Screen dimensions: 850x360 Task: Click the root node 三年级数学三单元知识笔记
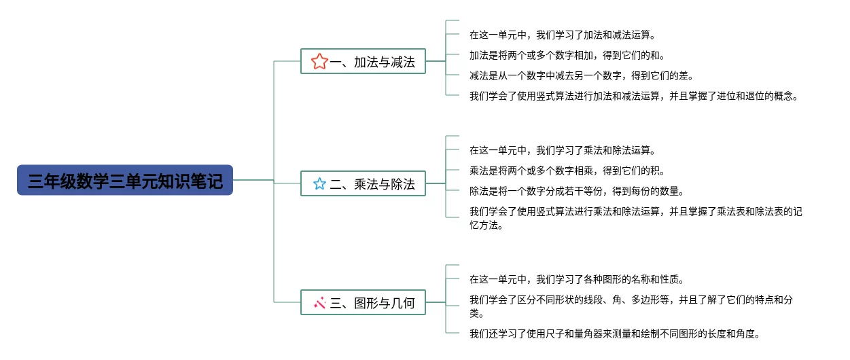[125, 180]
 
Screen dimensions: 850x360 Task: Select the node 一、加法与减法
[363, 61]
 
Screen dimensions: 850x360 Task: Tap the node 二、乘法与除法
[363, 183]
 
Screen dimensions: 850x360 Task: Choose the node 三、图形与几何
[363, 302]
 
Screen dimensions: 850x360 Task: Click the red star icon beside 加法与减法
[319, 61]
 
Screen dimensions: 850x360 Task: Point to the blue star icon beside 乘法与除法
[319, 183]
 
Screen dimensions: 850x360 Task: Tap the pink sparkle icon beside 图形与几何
[320, 303]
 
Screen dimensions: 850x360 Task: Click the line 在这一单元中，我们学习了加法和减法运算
[563, 35]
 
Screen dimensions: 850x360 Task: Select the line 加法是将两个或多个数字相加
[567, 56]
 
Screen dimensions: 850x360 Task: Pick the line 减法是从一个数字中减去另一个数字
[582, 76]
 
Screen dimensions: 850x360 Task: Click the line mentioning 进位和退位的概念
[634, 96]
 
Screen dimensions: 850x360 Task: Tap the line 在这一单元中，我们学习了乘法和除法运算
[563, 151]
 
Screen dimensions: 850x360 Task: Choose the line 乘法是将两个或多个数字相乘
[567, 170]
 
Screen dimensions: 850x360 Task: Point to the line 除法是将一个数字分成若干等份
[577, 191]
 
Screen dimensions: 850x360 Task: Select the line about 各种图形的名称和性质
[577, 280]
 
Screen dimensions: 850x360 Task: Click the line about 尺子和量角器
[615, 334]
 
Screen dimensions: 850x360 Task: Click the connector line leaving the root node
[253, 180]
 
